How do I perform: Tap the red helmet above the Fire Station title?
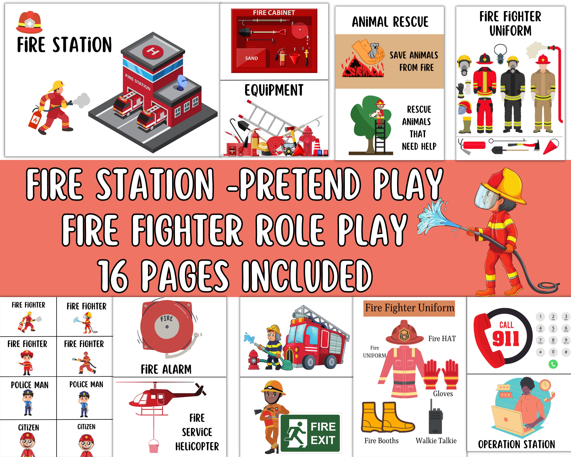click(29, 22)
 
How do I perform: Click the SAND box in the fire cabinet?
click(251, 58)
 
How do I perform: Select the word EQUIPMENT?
click(274, 90)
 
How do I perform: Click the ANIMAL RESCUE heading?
click(390, 22)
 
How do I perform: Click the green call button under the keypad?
click(553, 364)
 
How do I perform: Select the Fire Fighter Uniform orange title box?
click(409, 308)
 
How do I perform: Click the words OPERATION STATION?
click(516, 444)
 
